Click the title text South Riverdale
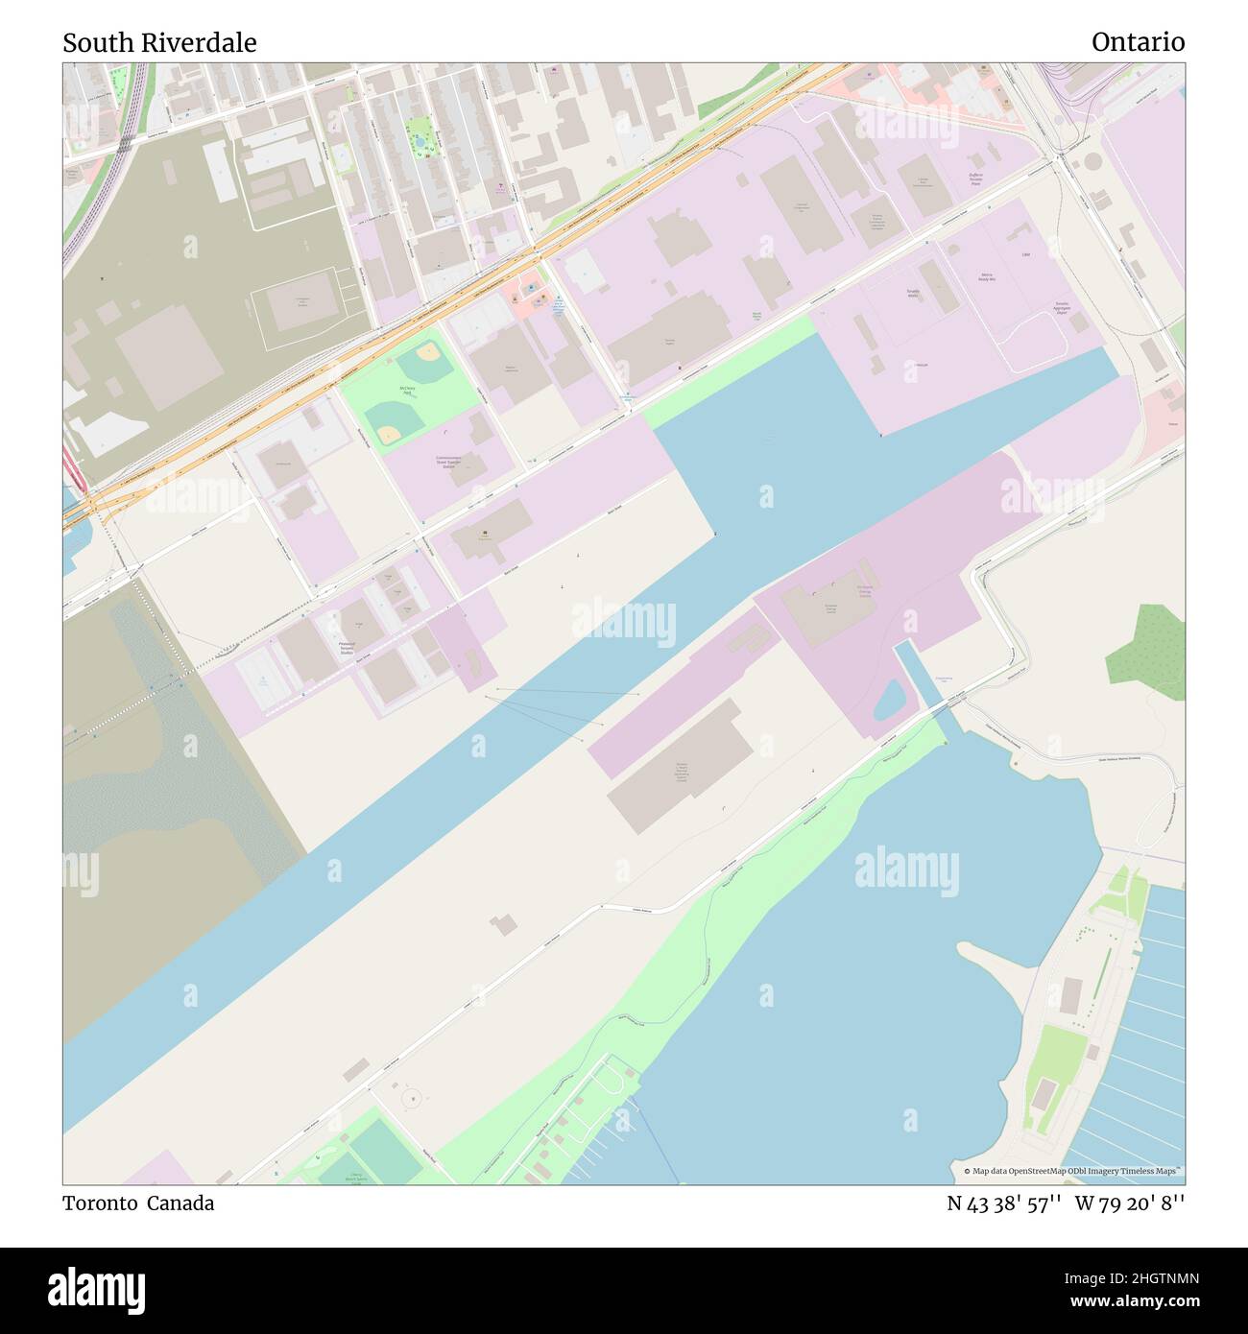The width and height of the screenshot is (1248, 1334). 159,43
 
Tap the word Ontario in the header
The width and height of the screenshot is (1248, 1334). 1138,43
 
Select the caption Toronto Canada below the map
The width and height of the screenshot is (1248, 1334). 138,1203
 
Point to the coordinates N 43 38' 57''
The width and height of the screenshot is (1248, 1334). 1004,1203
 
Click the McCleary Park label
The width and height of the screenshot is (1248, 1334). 407,390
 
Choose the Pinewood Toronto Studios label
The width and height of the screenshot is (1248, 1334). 348,648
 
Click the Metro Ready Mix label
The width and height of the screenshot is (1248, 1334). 985,279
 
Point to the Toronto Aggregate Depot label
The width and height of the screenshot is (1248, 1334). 1062,308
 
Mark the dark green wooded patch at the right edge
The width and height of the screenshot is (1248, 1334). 1147,646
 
